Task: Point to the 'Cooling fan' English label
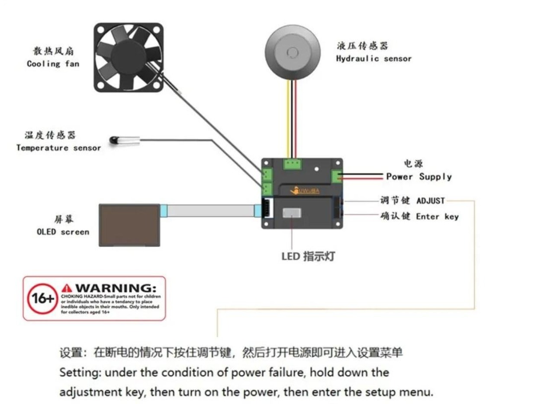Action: pyautogui.click(x=53, y=64)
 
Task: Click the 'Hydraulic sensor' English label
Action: pyautogui.click(x=374, y=58)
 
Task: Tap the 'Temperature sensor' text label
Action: pyautogui.click(x=58, y=148)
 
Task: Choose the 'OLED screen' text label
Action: pyautogui.click(x=63, y=232)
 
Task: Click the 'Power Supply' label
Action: pyautogui.click(x=419, y=177)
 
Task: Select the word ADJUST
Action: pyautogui.click(x=430, y=201)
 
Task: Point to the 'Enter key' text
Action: pyautogui.click(x=437, y=216)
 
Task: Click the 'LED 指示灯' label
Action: pyautogui.click(x=308, y=256)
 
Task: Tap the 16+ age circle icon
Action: pyautogui.click(x=42, y=299)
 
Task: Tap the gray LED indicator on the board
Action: pyautogui.click(x=293, y=212)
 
